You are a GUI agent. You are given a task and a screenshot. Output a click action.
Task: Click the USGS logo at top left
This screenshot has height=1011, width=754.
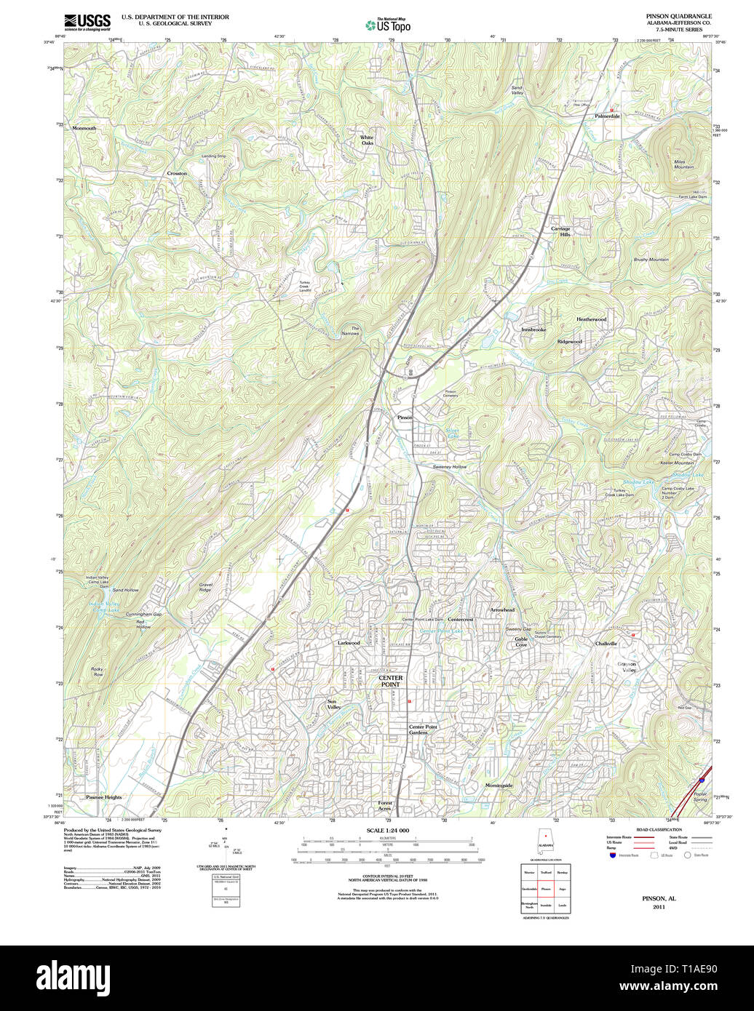pyautogui.click(x=87, y=21)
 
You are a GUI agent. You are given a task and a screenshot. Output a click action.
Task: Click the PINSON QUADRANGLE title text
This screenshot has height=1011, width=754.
pyautogui.click(x=678, y=16)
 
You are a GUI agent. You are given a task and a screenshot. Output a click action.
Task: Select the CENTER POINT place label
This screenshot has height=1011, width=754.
pyautogui.click(x=390, y=681)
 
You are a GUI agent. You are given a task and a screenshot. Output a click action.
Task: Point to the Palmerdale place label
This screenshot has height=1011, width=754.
pyautogui.click(x=607, y=116)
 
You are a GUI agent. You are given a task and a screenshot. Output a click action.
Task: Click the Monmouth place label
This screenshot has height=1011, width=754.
pyautogui.click(x=84, y=128)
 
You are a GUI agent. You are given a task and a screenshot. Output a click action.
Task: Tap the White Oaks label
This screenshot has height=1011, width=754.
pyautogui.click(x=367, y=140)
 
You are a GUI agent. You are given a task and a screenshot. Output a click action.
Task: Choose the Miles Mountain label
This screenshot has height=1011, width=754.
pyautogui.click(x=683, y=164)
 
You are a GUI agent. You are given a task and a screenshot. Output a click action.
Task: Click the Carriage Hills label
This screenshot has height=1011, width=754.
pyautogui.click(x=560, y=231)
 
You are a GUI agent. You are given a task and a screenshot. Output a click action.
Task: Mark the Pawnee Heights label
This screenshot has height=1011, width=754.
pyautogui.click(x=104, y=797)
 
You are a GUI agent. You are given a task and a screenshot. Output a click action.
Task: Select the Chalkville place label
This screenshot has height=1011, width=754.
pyautogui.click(x=606, y=644)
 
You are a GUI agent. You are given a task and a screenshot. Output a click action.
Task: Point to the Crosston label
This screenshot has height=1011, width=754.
pyautogui.click(x=177, y=173)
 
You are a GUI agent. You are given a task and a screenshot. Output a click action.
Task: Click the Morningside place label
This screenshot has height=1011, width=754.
pyautogui.click(x=499, y=786)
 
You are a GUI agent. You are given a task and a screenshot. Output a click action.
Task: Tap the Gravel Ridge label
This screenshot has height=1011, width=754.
pyautogui.click(x=206, y=586)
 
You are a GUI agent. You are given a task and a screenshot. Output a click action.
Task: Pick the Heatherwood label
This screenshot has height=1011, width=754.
pyautogui.click(x=591, y=319)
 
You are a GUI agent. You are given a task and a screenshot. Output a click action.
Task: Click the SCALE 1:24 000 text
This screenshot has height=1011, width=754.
pyautogui.click(x=387, y=831)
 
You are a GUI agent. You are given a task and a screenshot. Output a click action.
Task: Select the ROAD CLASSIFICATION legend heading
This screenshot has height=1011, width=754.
pyautogui.click(x=659, y=829)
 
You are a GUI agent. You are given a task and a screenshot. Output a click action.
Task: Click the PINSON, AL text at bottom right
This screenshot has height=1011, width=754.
pyautogui.click(x=659, y=898)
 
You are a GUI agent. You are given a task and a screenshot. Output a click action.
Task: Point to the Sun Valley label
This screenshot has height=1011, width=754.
pyautogui.click(x=333, y=704)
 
